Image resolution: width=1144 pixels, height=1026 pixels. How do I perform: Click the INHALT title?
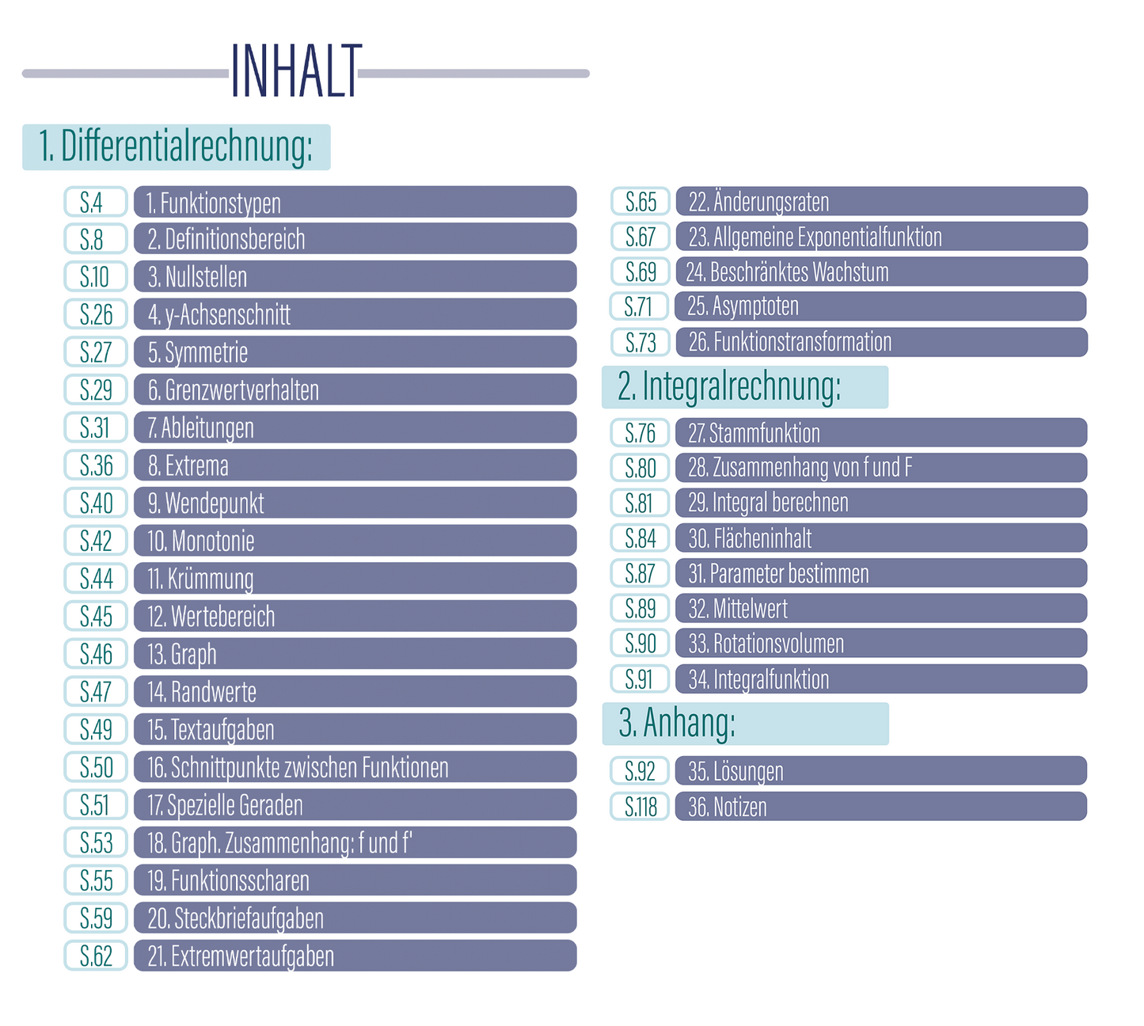(x=295, y=72)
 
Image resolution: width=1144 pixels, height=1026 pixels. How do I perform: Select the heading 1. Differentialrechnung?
(x=176, y=147)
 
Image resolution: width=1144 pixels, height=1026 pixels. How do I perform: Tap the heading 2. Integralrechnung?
(x=744, y=387)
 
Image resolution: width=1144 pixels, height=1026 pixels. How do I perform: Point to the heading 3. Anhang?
(x=744, y=724)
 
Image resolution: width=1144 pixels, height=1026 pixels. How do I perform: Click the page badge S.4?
(x=95, y=202)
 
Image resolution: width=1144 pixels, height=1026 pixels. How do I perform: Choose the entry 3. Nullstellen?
(x=355, y=277)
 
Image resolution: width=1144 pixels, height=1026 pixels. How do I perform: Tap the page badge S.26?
(x=95, y=314)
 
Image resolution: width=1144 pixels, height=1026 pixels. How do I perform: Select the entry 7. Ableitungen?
(x=355, y=427)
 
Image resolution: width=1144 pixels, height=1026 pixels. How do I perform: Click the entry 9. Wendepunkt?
(x=355, y=503)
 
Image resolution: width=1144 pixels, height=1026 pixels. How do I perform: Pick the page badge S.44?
(x=95, y=579)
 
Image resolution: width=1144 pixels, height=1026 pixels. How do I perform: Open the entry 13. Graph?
(x=355, y=654)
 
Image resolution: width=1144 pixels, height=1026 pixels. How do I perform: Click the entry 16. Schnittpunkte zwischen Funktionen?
(x=355, y=767)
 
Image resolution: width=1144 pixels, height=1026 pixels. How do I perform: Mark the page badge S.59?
(x=95, y=918)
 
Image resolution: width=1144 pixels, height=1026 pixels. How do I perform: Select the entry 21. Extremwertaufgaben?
(x=355, y=956)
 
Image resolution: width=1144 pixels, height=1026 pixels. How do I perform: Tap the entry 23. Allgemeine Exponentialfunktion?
(x=880, y=237)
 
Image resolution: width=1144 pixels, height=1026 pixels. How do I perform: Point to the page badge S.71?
(x=640, y=306)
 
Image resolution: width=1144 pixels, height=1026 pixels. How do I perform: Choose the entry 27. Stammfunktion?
(x=880, y=433)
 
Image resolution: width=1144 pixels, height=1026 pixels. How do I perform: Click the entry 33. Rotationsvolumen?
(x=880, y=644)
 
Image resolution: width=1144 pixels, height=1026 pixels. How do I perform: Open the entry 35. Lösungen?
(x=880, y=771)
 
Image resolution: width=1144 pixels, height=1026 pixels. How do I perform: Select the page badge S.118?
(x=640, y=807)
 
